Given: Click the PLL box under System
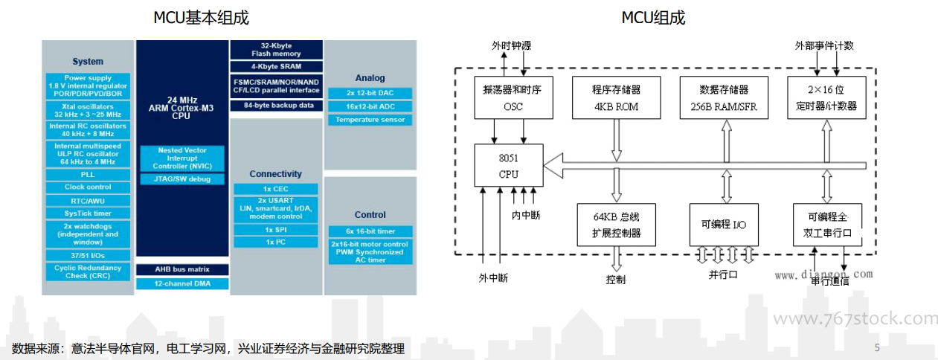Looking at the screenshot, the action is [88, 175].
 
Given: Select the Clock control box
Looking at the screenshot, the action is [88, 187].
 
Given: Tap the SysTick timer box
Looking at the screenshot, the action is [88, 213].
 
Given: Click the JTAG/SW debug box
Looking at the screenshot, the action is [182, 179].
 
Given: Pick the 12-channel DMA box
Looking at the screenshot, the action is [182, 284].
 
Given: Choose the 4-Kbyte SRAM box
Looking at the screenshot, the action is [277, 66].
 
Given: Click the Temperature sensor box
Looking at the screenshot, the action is [370, 120].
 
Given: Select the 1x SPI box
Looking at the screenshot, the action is [276, 230].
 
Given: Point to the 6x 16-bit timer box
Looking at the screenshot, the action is [370, 231].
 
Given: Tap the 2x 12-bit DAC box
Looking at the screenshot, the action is [370, 93].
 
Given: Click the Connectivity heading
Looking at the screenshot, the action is [275, 174].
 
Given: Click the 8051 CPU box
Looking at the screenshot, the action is [509, 165].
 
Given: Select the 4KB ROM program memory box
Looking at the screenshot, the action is [617, 97].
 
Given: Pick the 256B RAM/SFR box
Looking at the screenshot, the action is [724, 97].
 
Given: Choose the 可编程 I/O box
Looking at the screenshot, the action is [724, 225].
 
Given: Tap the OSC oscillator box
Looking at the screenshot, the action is [513, 97].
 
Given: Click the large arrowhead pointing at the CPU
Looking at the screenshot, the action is [553, 166].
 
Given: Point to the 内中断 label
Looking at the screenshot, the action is [526, 215].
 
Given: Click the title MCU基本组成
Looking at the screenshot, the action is [201, 18].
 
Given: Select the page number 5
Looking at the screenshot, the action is [877, 348].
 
